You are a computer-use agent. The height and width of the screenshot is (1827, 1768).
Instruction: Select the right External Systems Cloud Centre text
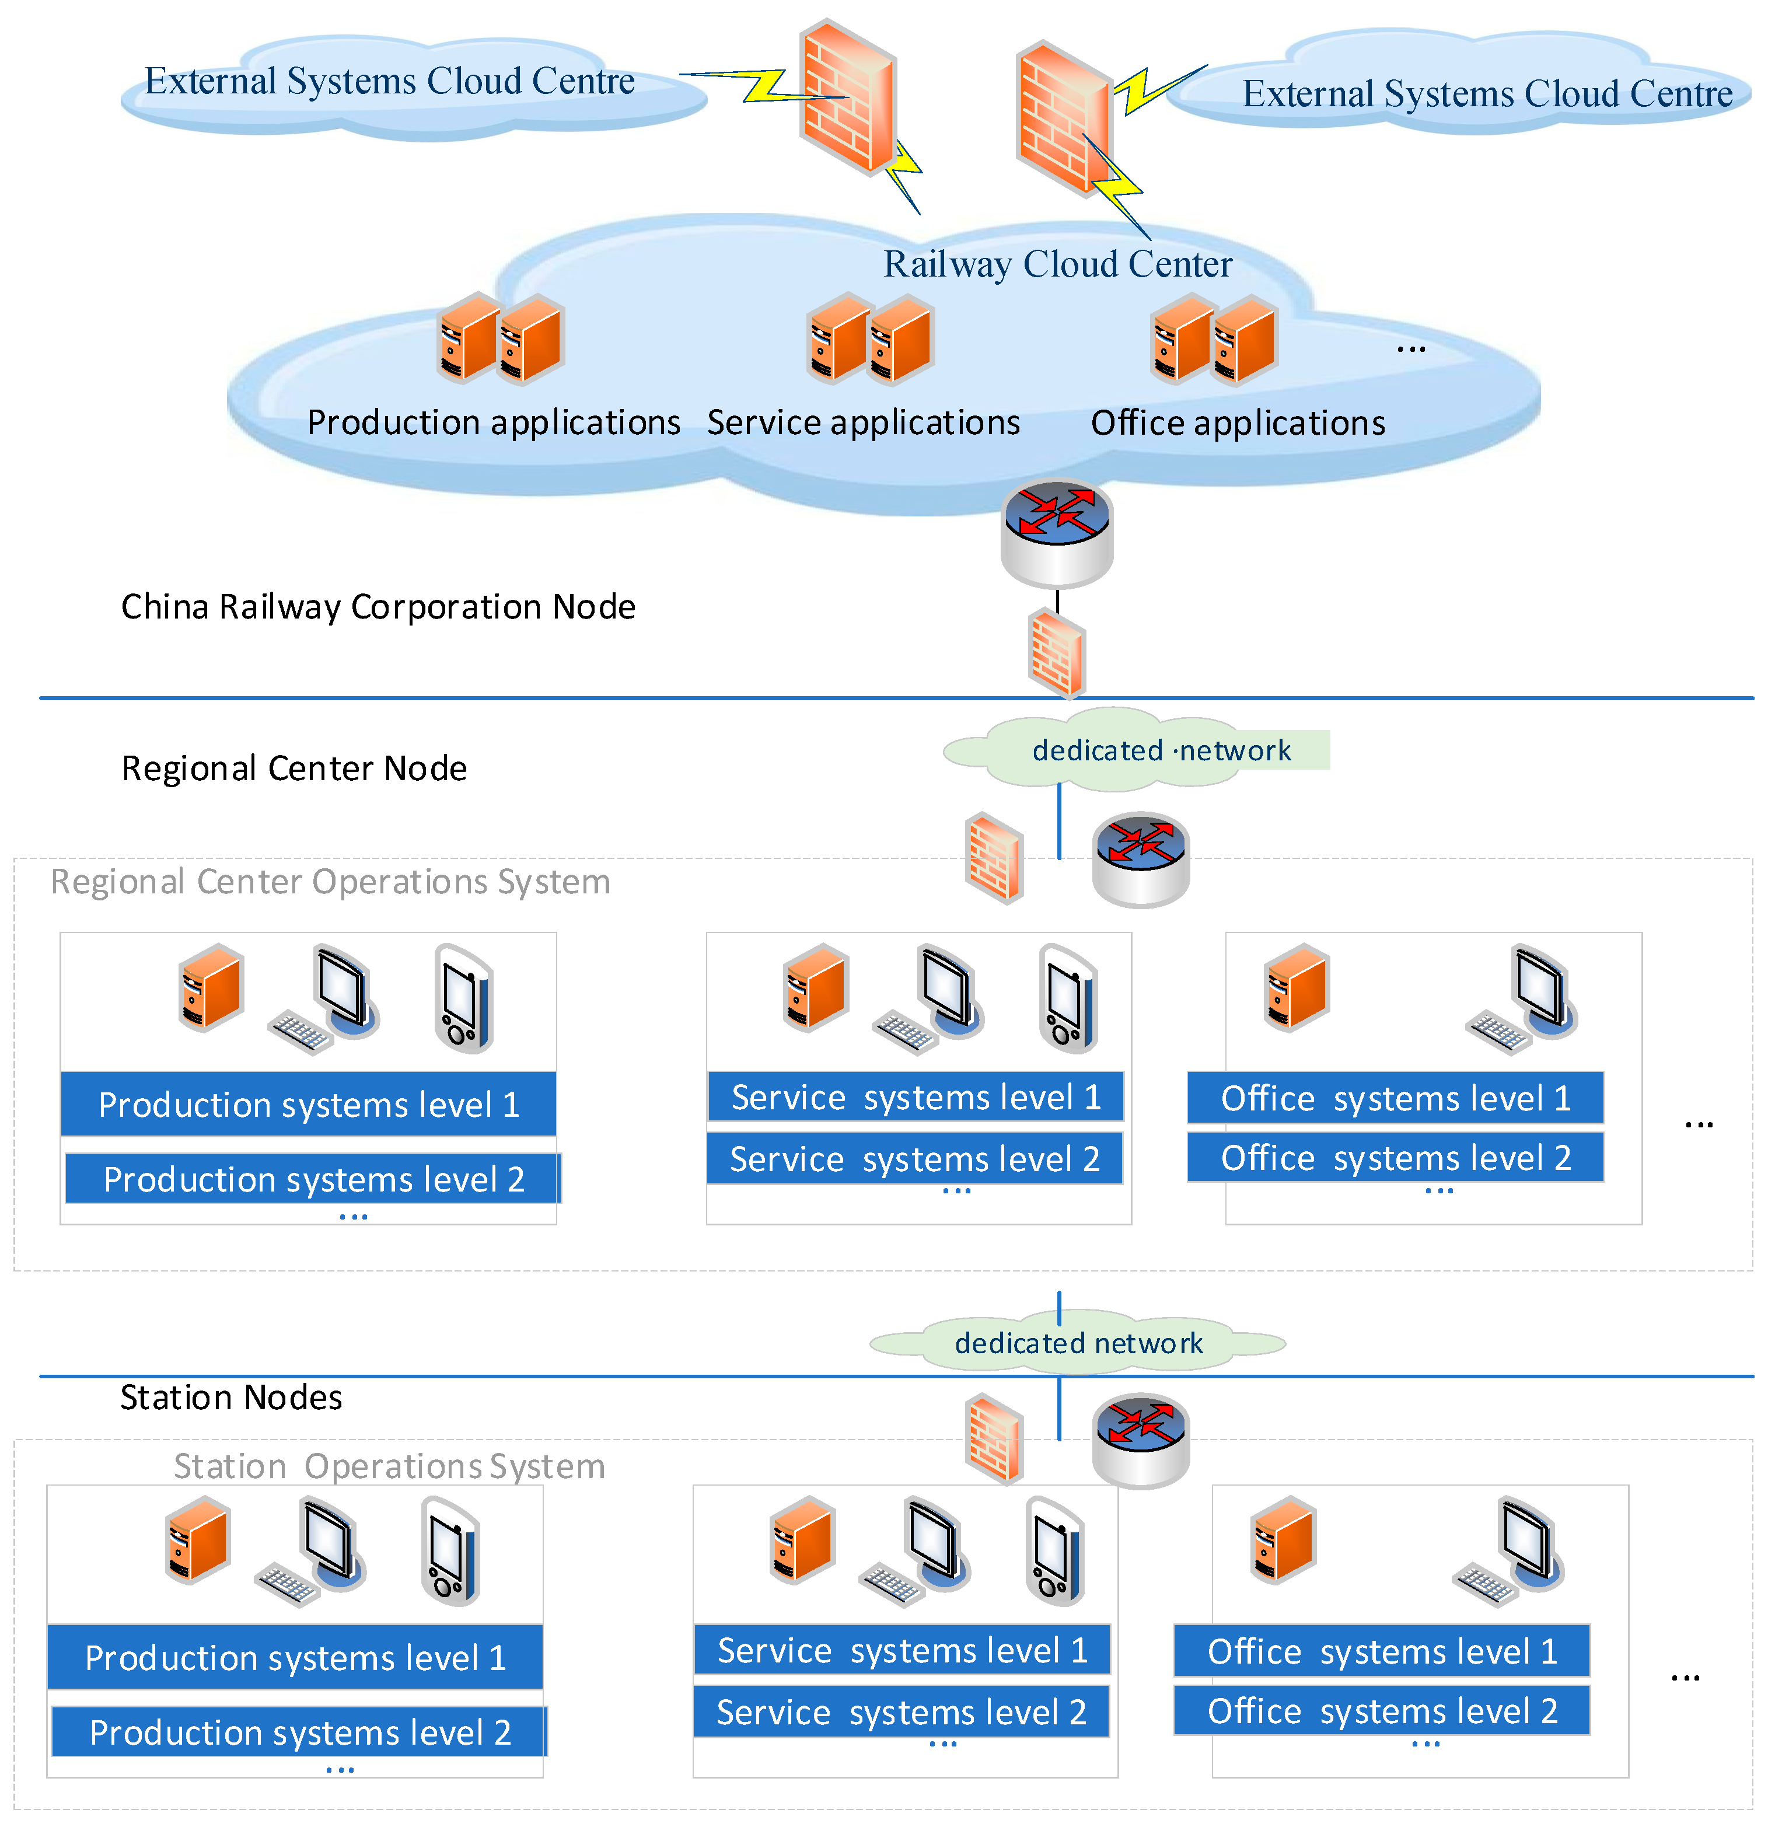click(1487, 94)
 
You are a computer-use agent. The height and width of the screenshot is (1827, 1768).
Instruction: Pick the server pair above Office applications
click(1214, 339)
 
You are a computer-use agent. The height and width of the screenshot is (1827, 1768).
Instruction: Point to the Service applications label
click(863, 423)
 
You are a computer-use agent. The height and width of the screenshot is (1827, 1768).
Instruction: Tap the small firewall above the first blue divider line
click(1057, 652)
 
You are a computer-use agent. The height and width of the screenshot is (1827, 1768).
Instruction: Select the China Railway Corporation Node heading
click(378, 607)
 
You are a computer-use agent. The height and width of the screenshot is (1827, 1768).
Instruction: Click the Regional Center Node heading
click(293, 768)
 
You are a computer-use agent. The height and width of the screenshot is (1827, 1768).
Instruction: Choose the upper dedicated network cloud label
click(1161, 750)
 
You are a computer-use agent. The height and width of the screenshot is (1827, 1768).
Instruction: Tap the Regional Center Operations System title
click(330, 882)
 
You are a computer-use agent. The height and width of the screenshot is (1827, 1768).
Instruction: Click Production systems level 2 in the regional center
click(313, 1179)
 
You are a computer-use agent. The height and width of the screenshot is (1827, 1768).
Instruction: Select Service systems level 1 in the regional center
click(916, 1097)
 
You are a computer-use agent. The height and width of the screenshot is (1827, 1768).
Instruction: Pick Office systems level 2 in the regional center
click(1395, 1158)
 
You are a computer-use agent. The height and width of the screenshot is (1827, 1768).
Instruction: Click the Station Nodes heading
click(230, 1398)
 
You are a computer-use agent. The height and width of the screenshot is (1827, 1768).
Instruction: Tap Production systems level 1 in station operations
click(295, 1657)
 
